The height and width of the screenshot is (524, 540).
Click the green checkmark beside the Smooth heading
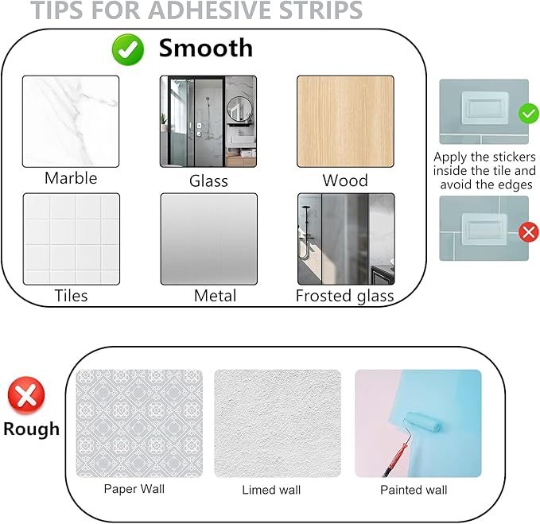pyautogui.click(x=127, y=50)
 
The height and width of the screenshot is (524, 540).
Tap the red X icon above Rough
pyautogui.click(x=25, y=395)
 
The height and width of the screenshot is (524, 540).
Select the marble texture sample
pyautogui.click(x=71, y=121)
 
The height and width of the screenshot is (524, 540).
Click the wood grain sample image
pyautogui.click(x=345, y=121)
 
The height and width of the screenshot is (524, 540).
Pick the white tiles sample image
pyautogui.click(x=71, y=239)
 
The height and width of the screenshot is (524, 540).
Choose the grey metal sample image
pyautogui.click(x=208, y=239)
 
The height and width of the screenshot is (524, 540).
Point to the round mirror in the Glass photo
pyautogui.click(x=238, y=109)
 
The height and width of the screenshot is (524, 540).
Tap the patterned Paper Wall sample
pyautogui.click(x=139, y=423)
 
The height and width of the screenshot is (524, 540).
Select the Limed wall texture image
pyautogui.click(x=277, y=423)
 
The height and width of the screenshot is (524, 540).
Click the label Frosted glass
pyautogui.click(x=344, y=297)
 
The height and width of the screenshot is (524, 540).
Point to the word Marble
pyautogui.click(x=71, y=178)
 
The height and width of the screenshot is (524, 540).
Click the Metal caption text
pyautogui.click(x=215, y=297)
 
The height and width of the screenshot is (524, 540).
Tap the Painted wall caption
pyautogui.click(x=414, y=490)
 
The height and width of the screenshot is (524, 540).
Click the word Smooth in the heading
pyautogui.click(x=205, y=48)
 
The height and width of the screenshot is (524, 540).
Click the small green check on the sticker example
pyautogui.click(x=529, y=115)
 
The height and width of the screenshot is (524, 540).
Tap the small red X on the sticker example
pyautogui.click(x=528, y=232)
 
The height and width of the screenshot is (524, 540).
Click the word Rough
pyautogui.click(x=31, y=429)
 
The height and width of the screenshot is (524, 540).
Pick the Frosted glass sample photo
pyautogui.click(x=345, y=239)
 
